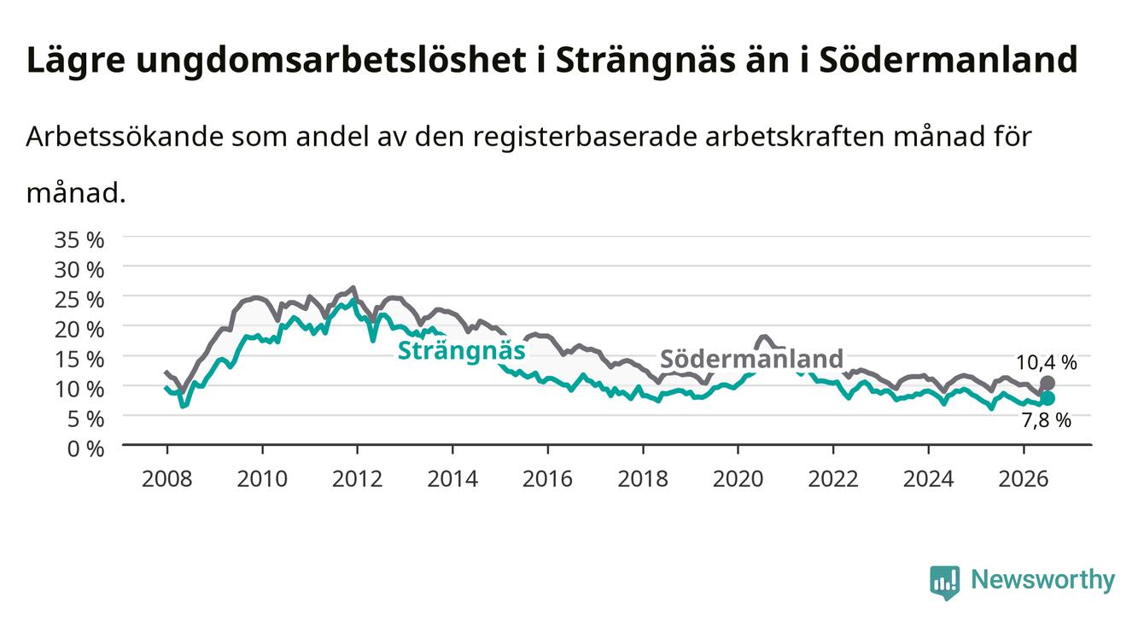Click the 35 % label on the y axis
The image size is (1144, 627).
point(79,240)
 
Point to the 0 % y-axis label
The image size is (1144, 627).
point(85,449)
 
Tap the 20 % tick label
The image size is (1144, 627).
point(79,330)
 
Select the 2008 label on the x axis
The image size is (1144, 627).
point(167,479)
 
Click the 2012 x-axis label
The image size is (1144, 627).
point(358,479)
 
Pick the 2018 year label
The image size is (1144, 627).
point(643,479)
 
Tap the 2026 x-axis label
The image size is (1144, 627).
point(1024,479)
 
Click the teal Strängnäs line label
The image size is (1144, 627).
point(462,351)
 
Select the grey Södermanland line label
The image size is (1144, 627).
point(752,359)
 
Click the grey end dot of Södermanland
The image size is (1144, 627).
point(1048,384)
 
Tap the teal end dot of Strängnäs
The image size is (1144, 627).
point(1048,399)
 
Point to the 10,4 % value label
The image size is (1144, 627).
point(1047,363)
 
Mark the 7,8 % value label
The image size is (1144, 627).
point(1047,420)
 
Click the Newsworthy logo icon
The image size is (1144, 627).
point(944,583)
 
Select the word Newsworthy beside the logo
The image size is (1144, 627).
point(1043,580)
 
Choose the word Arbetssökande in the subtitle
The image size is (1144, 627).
point(125,137)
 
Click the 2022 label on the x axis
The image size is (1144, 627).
point(833,479)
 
